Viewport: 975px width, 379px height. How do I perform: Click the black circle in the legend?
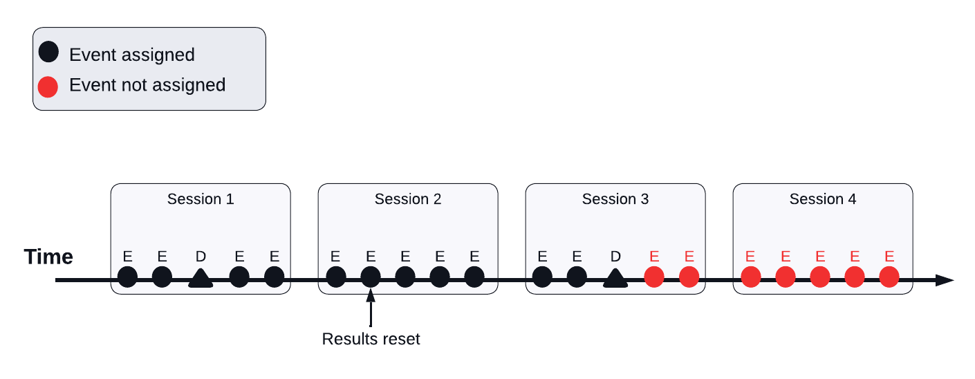(x=48, y=53)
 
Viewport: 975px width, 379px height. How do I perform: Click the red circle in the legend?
(x=48, y=86)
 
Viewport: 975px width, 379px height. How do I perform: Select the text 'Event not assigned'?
(x=147, y=85)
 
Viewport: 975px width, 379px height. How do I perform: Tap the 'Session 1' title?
(x=201, y=199)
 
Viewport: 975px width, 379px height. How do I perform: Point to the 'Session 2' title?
(x=408, y=199)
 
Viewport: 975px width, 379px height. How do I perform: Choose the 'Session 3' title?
(x=615, y=199)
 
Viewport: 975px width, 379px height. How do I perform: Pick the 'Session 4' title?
(x=823, y=199)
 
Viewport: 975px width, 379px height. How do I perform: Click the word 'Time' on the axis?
(x=48, y=257)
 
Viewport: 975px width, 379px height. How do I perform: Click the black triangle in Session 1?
(x=201, y=279)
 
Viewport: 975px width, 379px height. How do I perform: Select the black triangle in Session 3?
(x=615, y=279)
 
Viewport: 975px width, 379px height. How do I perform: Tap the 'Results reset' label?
(x=371, y=339)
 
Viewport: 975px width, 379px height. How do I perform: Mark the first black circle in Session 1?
(x=128, y=277)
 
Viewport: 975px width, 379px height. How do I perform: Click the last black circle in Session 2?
(x=474, y=277)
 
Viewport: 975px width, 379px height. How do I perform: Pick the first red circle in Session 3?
(x=654, y=277)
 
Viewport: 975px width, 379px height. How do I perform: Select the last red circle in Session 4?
(x=889, y=277)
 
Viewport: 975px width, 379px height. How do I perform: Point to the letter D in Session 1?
(x=201, y=257)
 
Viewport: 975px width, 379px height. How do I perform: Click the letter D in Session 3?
(x=615, y=257)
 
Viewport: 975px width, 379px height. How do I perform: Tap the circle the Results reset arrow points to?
(x=371, y=277)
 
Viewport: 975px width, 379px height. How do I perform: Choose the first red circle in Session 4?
(x=751, y=277)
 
